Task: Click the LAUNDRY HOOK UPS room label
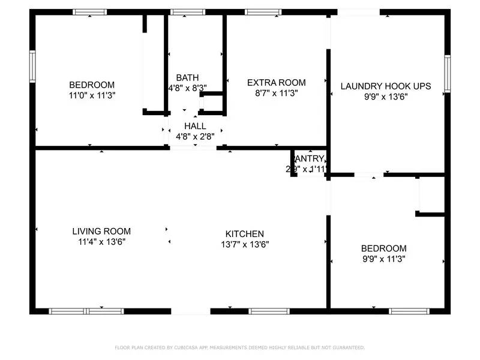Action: coord(385,86)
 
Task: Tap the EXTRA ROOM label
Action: coord(276,83)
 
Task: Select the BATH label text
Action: coord(187,78)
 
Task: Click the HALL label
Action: coord(195,126)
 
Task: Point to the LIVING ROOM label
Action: coord(101,232)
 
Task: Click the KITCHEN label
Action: coord(244,233)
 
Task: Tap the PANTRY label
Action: coord(309,159)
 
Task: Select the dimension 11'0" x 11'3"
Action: coord(92,95)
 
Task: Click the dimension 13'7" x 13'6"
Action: coord(244,244)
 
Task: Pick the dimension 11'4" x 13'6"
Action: coord(101,242)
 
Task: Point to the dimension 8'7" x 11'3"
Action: coord(276,93)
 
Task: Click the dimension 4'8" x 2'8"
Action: coord(195,136)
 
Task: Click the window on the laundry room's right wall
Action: coord(447,73)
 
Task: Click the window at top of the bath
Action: coord(187,12)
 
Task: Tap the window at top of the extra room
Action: coord(263,12)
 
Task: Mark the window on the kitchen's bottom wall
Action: coord(269,311)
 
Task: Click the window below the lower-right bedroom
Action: coord(409,311)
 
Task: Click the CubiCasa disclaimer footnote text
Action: coord(239,347)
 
